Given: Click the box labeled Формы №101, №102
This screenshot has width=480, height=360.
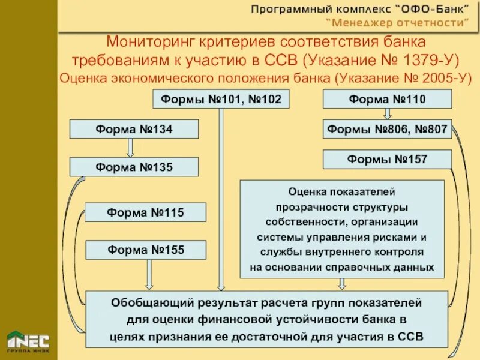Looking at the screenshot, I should click(221, 99).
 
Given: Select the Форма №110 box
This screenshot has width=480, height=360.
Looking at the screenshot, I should click(387, 99).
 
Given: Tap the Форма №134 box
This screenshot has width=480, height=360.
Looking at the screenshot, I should click(134, 129).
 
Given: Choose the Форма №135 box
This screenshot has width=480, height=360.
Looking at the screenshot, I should click(134, 167).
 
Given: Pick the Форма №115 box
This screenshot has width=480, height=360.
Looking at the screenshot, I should click(145, 212).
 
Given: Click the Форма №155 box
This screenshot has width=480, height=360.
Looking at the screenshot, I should click(145, 250).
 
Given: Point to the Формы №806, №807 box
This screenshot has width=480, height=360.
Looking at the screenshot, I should click(387, 129).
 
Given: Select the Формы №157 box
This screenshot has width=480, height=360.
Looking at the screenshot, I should click(387, 159).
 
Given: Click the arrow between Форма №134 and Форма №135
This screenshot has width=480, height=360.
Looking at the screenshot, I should click(130, 148).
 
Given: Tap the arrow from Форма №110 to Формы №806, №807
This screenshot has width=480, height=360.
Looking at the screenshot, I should click(387, 113).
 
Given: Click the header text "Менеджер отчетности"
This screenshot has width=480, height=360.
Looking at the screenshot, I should click(397, 23).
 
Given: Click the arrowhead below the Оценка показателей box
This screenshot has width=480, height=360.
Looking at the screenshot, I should click(341, 284).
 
